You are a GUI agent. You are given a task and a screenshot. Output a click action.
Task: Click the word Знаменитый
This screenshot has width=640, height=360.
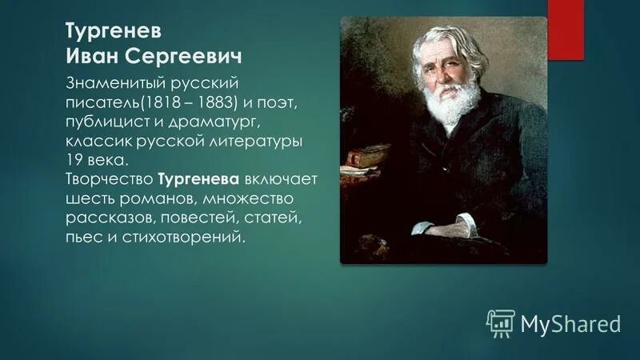[x=107, y=84]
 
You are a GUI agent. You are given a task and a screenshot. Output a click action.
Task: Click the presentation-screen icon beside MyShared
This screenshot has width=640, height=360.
[x=500, y=322]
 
